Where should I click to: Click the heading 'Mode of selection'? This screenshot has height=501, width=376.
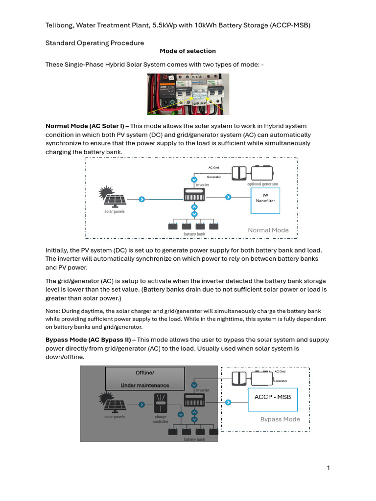[x=188, y=51]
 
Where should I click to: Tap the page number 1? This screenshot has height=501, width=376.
[x=329, y=468]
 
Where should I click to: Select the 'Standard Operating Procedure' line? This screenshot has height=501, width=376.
[x=94, y=43]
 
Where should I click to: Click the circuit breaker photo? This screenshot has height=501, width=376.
[x=188, y=91]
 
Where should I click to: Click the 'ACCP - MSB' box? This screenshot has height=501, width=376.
[x=272, y=397]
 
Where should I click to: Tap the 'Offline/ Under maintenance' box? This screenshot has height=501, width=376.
[x=145, y=379]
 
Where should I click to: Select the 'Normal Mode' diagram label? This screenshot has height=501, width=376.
[x=268, y=230]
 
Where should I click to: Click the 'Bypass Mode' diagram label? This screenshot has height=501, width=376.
[x=280, y=419]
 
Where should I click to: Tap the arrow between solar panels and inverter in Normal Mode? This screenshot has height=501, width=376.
[x=141, y=199]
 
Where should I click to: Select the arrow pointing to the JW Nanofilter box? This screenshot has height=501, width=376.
[x=228, y=197]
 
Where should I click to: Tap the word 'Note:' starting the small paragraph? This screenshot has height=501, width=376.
[x=53, y=311]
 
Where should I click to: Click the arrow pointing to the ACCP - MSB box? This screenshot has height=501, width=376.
[x=228, y=402]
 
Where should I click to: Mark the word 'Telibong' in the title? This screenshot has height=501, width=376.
[x=60, y=25]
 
